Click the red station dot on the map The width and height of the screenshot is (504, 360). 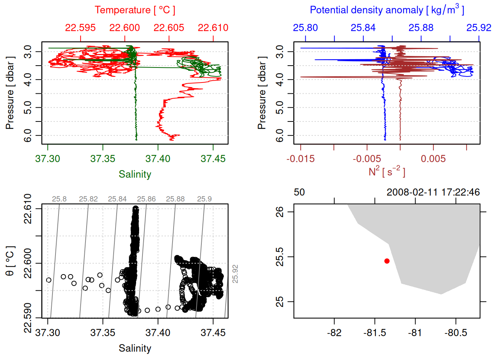[x=387, y=261]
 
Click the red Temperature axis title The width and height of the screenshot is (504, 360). [x=135, y=10]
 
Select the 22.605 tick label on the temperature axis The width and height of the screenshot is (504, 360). [x=169, y=28]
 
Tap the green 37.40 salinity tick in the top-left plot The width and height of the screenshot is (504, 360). [x=158, y=159]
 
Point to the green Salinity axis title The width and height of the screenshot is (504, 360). [x=135, y=174]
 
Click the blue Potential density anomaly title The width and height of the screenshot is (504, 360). [x=387, y=10]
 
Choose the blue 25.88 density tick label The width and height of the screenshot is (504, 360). [x=421, y=28]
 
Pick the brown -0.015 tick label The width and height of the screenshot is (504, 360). [x=300, y=159]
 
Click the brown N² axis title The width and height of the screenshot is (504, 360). [x=387, y=171]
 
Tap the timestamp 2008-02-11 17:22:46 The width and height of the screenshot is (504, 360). [x=433, y=192]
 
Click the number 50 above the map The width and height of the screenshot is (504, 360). [x=299, y=192]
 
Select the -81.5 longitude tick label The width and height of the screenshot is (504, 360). [x=375, y=333]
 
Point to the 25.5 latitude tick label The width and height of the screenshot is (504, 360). [x=280, y=257]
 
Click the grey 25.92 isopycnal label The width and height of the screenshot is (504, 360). [x=235, y=274]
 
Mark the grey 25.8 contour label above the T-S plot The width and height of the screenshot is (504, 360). [x=59, y=199]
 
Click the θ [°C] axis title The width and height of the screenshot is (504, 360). [x=10, y=261]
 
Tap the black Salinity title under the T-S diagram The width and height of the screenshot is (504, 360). [x=135, y=348]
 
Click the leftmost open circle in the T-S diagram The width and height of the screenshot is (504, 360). [x=49, y=280]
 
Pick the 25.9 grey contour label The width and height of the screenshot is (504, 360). [x=204, y=199]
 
